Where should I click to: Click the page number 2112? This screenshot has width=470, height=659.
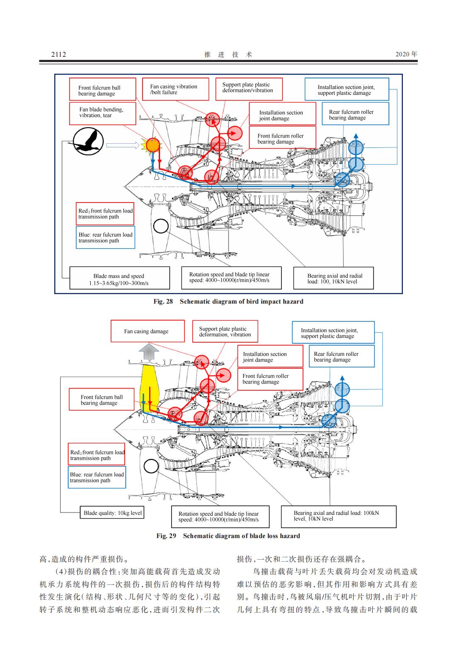pos(58,54)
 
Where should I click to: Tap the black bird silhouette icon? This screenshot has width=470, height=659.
pos(88,142)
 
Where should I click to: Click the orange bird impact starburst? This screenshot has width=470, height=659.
pos(152,145)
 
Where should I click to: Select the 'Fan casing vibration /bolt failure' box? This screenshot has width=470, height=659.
pos(175,89)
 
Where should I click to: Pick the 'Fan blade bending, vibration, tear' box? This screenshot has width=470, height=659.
pos(102,113)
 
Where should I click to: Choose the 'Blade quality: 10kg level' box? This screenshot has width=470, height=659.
pos(113,513)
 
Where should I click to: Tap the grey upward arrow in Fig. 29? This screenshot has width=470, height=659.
pos(149,352)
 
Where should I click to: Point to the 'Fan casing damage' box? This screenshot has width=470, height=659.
pos(147,331)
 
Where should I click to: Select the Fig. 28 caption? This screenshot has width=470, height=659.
pos(228,302)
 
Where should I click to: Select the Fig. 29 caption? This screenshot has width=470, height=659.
pos(228,536)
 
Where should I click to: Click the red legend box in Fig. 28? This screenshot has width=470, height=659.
pos(105,214)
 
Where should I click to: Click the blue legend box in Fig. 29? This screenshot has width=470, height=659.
pos(97,477)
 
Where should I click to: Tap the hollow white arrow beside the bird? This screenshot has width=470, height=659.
pos(122,145)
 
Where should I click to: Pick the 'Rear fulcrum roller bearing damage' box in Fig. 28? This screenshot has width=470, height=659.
pos(355,113)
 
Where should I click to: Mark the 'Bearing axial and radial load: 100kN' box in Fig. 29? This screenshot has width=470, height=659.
pos(338,516)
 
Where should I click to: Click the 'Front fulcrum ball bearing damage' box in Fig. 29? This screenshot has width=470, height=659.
pos(102,400)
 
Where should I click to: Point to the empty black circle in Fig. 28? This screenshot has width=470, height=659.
pos(161,226)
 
